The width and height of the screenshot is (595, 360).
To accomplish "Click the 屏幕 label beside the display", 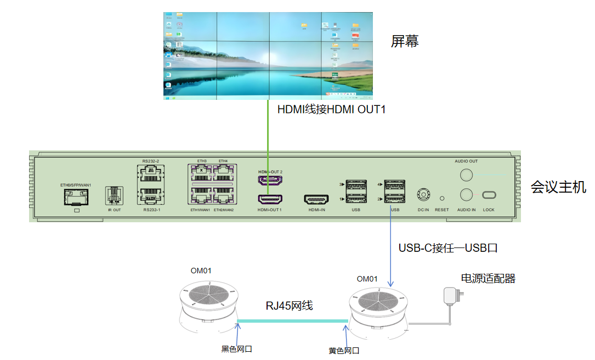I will coord(405,42).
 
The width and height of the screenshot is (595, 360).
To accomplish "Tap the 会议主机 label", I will coord(558,188).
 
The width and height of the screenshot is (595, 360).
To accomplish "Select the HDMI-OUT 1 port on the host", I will coord(270,199).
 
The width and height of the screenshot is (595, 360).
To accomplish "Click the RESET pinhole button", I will coord(441,198).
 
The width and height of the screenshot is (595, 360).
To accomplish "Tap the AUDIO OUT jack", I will coord(466,175).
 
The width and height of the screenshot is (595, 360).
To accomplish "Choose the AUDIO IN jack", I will coord(466,194).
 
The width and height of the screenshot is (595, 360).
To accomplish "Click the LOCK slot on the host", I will coord(489,195).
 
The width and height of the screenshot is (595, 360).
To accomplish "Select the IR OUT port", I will coord(114,195).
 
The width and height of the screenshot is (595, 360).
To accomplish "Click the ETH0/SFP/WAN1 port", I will coord(76,197).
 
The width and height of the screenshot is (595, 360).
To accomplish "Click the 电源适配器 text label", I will coord(488,279).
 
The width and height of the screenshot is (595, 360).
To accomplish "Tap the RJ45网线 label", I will coord(290,306).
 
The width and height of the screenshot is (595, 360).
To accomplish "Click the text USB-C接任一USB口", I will coord(448,248).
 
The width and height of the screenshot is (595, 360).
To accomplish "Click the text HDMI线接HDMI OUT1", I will coord(332,110).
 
